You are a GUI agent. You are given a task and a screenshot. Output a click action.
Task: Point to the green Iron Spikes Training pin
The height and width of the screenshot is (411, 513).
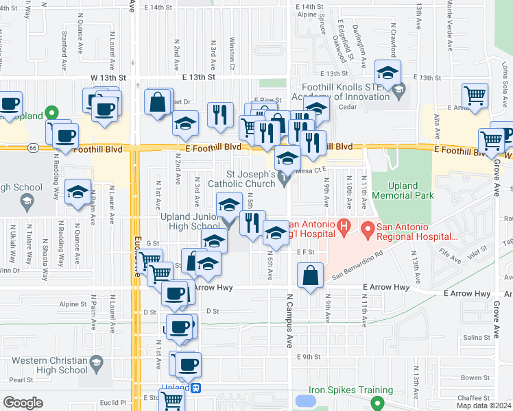click(374, 404)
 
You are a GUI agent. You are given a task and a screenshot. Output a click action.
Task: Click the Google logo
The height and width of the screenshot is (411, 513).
click(23, 403)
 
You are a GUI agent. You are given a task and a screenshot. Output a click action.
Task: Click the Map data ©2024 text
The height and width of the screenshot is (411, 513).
click(482, 406)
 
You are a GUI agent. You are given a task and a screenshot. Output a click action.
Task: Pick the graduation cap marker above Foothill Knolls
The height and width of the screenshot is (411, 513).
click(387, 73)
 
